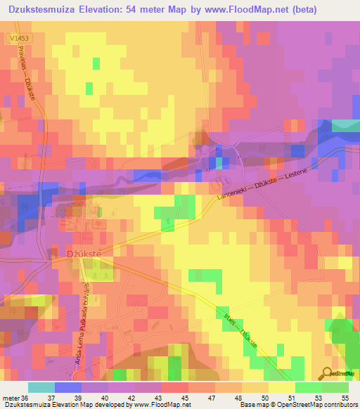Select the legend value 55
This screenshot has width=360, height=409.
coord(345,397)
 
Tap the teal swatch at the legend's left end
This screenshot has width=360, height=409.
coord(41,387)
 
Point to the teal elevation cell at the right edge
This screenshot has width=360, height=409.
coord(345,124)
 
